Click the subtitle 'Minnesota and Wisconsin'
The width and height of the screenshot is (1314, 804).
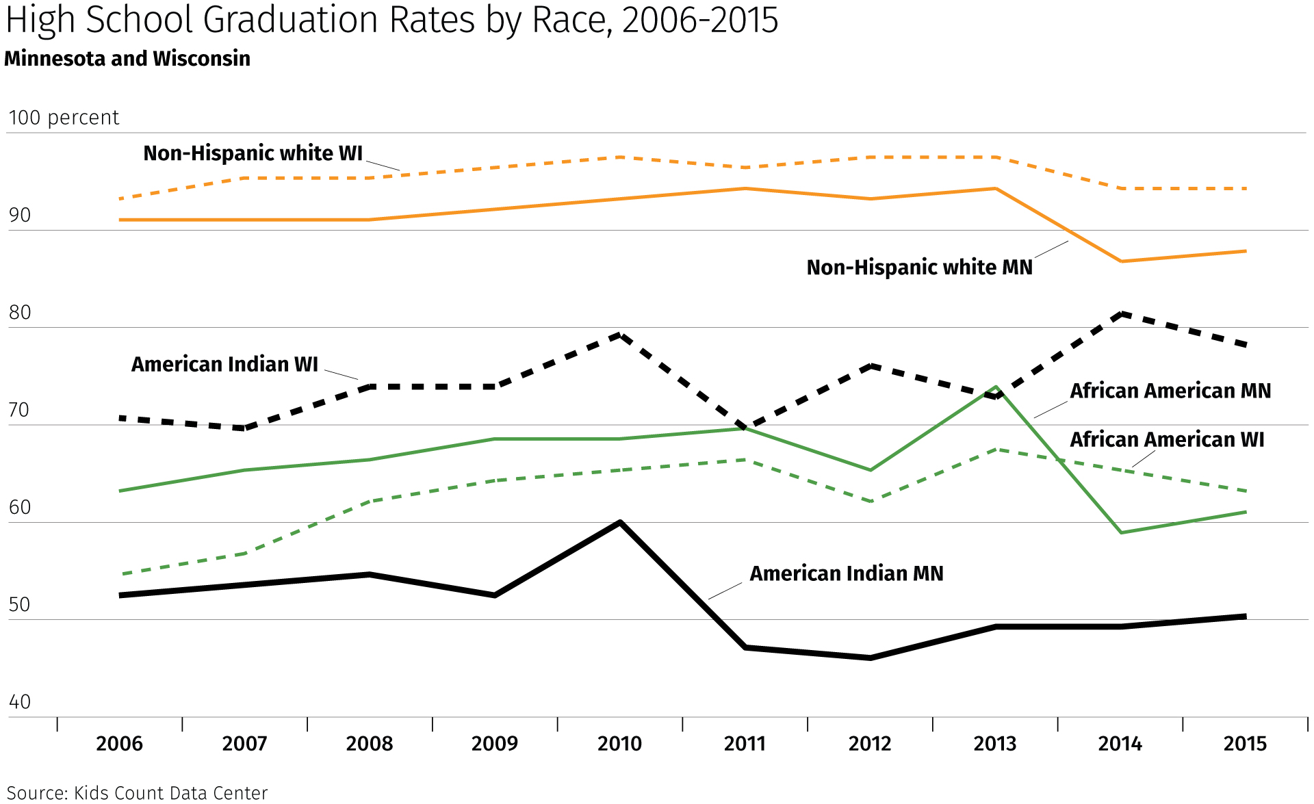[x=127, y=59]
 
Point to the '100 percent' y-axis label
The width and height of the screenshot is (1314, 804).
[x=64, y=118]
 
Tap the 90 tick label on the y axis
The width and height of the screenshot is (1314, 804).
[x=20, y=216]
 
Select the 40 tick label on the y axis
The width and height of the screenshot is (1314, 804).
[x=20, y=702]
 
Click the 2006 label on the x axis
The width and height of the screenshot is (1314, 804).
[x=119, y=744]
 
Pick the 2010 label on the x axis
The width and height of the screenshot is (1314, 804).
[x=619, y=744]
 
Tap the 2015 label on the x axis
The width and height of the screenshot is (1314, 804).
[x=1245, y=744]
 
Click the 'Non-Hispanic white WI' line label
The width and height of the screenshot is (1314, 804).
[x=253, y=153]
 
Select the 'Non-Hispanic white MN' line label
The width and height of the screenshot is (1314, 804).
[x=919, y=268]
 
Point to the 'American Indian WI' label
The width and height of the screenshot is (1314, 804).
[x=224, y=365]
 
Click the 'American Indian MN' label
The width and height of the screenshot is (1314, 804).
[x=847, y=573]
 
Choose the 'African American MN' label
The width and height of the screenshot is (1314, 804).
[x=1170, y=391]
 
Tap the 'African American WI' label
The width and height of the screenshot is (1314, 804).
[x=1167, y=439]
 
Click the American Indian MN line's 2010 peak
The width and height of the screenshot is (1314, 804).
[x=619, y=523]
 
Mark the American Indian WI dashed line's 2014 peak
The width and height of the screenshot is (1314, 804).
[x=1121, y=314]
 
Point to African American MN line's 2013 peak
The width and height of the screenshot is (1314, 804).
[x=996, y=387]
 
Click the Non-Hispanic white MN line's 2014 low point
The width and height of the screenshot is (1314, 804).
[x=1121, y=261]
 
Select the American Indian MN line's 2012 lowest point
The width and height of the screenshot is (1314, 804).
[x=871, y=658]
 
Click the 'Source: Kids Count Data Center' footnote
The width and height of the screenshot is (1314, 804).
[x=137, y=793]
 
